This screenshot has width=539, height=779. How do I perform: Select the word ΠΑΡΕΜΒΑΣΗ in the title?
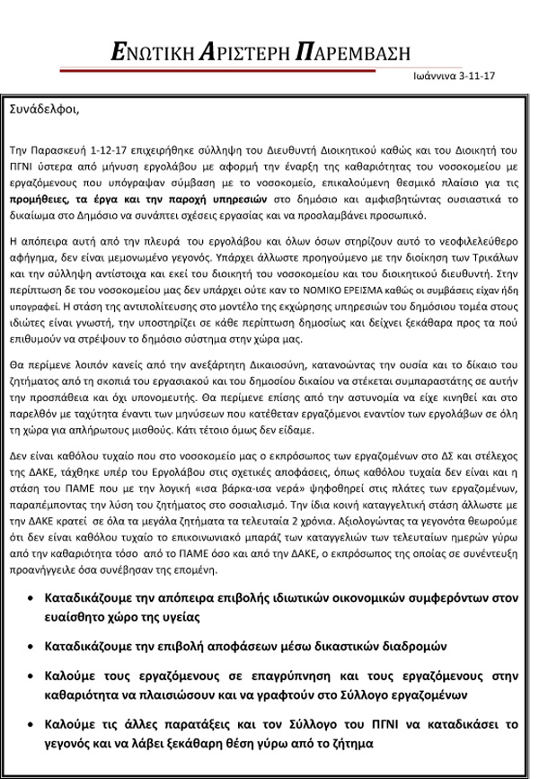pyautogui.click(x=357, y=50)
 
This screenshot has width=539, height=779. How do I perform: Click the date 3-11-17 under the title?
pyautogui.click(x=477, y=78)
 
